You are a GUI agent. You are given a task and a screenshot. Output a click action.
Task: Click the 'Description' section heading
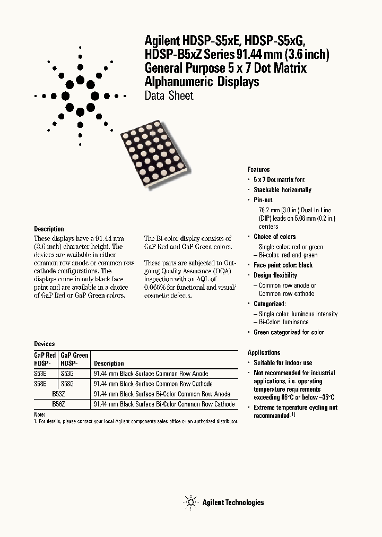point(49,229)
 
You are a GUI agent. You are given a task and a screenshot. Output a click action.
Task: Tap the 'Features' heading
point(258,169)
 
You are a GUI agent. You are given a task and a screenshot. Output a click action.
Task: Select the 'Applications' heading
point(264,352)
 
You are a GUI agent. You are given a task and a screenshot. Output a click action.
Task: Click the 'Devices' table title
point(45,344)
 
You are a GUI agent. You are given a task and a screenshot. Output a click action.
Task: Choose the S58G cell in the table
point(68,384)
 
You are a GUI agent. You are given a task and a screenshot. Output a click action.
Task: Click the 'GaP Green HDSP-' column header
point(74,359)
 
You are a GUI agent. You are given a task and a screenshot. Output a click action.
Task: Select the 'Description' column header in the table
point(109,363)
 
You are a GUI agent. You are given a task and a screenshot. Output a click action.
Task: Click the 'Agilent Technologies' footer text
point(233,503)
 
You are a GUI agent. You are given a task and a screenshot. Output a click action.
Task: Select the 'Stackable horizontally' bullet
point(282,190)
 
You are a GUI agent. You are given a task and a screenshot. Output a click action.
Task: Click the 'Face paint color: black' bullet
point(283,265)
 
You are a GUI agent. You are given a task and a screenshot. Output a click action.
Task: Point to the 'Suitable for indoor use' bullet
point(283,363)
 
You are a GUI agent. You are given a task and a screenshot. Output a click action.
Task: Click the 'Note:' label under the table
point(40,414)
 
